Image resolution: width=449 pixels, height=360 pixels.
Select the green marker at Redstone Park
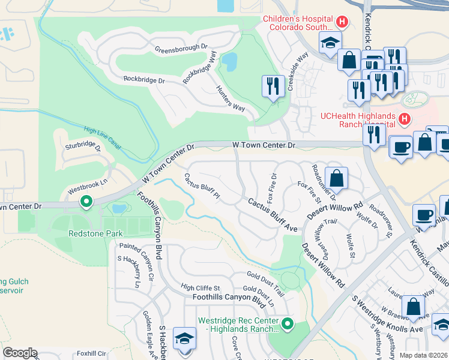pyautogui.click(x=86, y=202)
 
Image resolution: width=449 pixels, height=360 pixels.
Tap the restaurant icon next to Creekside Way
pyautogui.click(x=272, y=86)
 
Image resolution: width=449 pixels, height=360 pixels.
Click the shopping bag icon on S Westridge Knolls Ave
pyautogui.click(x=414, y=306)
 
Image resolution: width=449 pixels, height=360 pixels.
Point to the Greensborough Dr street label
pyautogui.click(x=181, y=47)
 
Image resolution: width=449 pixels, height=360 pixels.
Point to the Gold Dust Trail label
pyautogui.click(x=265, y=283)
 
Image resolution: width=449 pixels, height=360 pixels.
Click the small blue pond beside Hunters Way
pyautogui.click(x=229, y=61)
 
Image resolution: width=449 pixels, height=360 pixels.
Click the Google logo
pyautogui.click(x=20, y=353)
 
